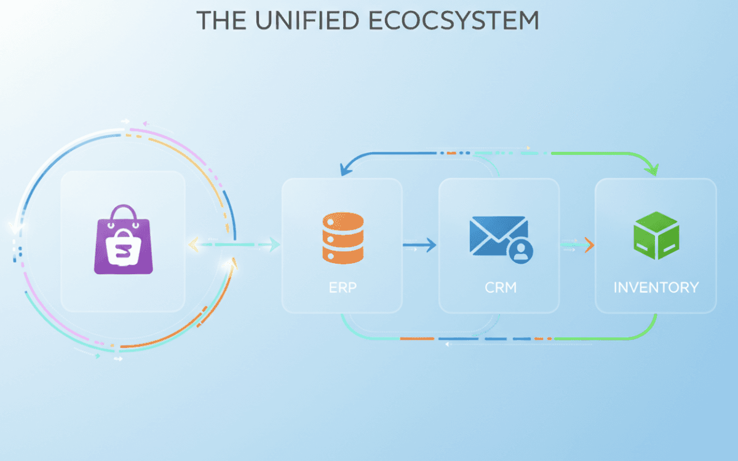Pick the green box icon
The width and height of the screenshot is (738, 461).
click(656, 235)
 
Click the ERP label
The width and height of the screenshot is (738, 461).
click(342, 287)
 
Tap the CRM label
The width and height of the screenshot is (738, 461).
click(499, 287)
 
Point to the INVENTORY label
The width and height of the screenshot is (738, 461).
click(656, 287)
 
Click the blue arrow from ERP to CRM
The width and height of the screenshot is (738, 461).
click(419, 246)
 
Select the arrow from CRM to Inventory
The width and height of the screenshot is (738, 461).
click(577, 245)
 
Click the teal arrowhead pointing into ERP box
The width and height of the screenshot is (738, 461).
click(273, 245)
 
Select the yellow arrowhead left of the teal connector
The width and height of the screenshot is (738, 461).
click(192, 245)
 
